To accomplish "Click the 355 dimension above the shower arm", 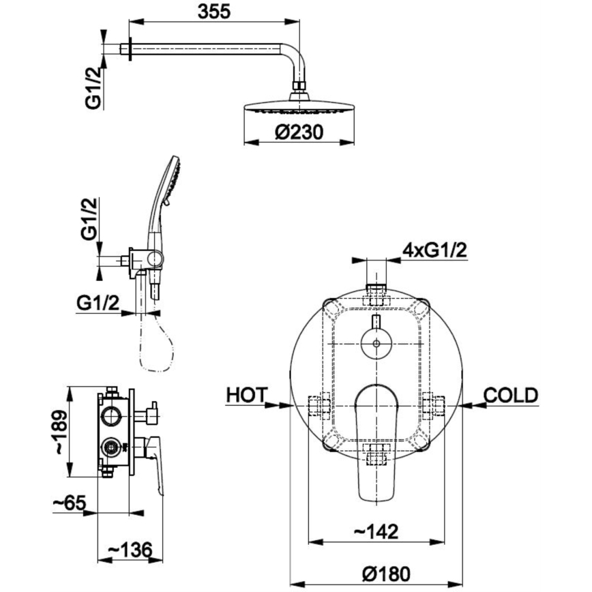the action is (x=213, y=12).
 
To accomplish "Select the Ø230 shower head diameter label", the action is (x=299, y=132).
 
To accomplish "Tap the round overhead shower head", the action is (x=299, y=107).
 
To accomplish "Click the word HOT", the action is (x=246, y=395).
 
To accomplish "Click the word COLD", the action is (x=511, y=396).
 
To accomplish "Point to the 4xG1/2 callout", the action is (x=434, y=250).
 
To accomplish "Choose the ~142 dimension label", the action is (x=376, y=531).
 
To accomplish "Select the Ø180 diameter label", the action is (x=386, y=574).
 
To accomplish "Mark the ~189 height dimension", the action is (x=61, y=432).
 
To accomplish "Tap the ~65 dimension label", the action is (x=70, y=503).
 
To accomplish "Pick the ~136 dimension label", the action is (x=130, y=550).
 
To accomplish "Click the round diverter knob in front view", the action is (x=376, y=344).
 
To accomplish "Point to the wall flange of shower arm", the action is (x=131, y=49).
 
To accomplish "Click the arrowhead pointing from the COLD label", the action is (x=469, y=404).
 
